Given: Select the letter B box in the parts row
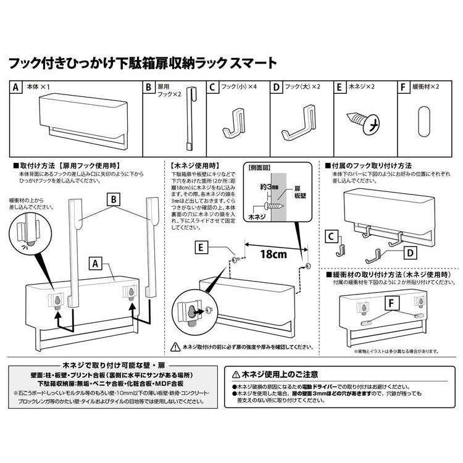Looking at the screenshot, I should [149, 88].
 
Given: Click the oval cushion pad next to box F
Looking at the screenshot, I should [423, 120].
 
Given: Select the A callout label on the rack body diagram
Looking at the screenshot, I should [95, 264].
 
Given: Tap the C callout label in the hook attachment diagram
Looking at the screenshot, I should [332, 236].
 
